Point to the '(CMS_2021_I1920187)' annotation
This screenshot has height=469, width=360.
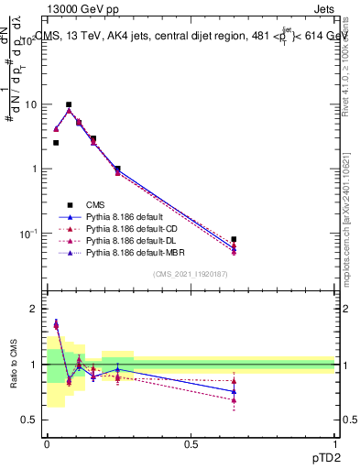coord(191,275)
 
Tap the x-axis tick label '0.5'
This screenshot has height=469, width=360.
coord(191,443)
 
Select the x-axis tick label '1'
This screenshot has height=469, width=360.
coord(335,443)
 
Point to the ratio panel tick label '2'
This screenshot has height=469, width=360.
coord(33,310)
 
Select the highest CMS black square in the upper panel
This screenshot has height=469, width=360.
coord(69,104)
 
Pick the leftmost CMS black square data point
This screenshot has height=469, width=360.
coord(56,143)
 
